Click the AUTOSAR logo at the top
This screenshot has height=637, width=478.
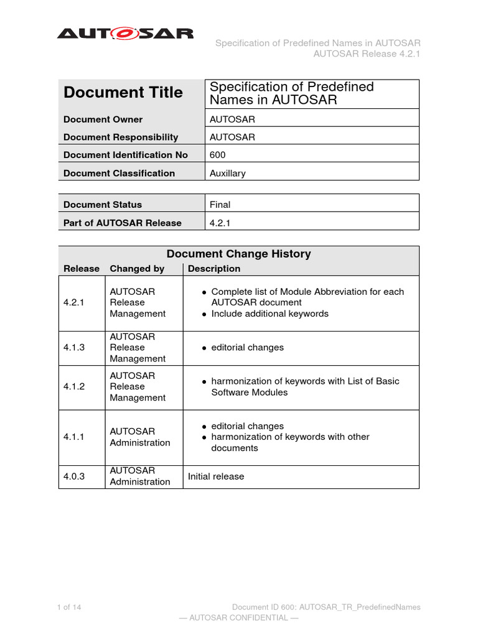click(x=125, y=34)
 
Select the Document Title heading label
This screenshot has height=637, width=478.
click(x=123, y=93)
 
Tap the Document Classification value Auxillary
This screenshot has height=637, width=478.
click(x=228, y=173)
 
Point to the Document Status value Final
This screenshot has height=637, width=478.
click(x=220, y=204)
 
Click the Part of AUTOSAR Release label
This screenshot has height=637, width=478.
click(x=123, y=223)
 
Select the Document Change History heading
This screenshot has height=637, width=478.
click(x=238, y=254)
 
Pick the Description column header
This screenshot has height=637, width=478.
click(x=213, y=269)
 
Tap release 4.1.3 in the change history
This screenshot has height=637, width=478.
click(x=75, y=348)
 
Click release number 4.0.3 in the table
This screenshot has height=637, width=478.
click(x=75, y=477)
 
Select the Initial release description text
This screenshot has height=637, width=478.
click(x=216, y=477)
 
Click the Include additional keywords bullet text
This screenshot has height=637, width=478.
click(x=269, y=314)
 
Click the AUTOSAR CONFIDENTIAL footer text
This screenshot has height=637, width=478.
click(x=238, y=618)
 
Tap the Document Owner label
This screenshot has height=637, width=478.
click(x=103, y=119)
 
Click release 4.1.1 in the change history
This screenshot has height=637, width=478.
click(x=75, y=437)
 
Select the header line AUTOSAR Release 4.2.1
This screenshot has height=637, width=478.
click(x=367, y=53)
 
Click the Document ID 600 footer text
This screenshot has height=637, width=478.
click(x=326, y=607)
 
